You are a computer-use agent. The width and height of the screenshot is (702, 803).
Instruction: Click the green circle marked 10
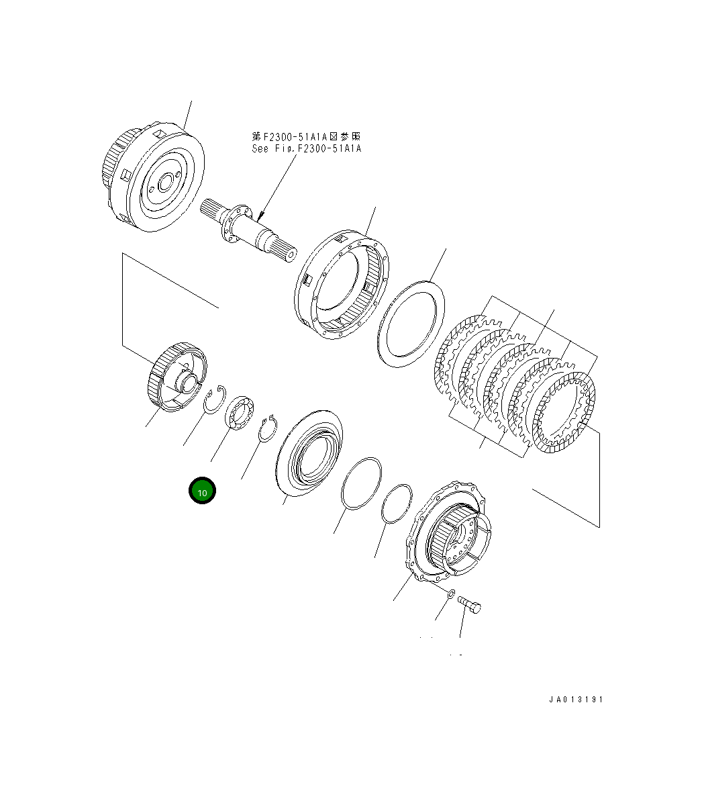pos(202,491)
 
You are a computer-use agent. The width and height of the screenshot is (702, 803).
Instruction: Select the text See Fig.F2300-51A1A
pos(306,148)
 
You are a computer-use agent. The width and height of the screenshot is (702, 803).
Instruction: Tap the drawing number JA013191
pos(576,700)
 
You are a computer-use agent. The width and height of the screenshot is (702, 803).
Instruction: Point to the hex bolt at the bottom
pos(470,605)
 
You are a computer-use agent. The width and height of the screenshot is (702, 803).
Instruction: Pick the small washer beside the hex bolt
pos(451,593)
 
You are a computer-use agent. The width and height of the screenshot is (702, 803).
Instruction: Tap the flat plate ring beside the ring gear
pos(412,323)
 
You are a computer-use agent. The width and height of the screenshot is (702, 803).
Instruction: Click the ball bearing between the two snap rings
pos(238,412)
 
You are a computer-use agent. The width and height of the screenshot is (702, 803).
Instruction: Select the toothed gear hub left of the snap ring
pos(177,378)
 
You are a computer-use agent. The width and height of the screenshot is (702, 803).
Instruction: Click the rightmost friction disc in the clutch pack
pos(563,412)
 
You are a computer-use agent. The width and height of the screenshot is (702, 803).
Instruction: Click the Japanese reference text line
pos(306,136)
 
